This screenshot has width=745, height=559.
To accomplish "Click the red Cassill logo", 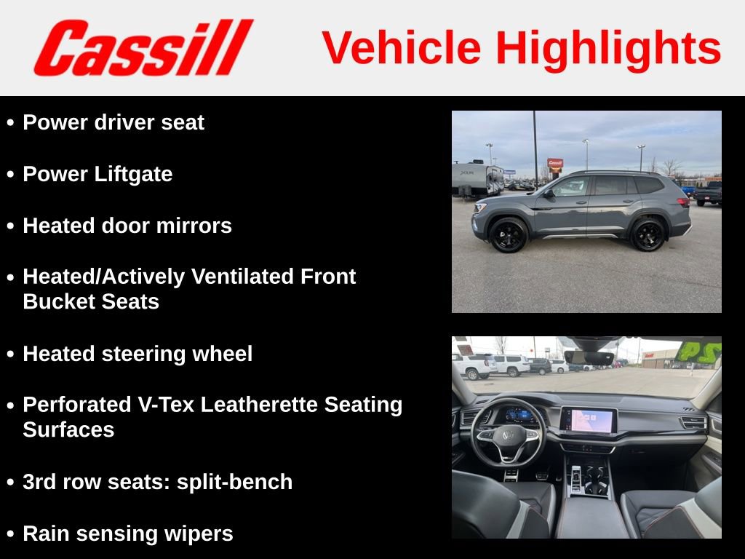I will pos(143,47).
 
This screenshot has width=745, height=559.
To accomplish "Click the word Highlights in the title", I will pos(608,48).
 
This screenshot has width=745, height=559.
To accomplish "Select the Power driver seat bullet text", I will pos(113,122).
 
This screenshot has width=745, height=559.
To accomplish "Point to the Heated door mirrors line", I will pos(127,226).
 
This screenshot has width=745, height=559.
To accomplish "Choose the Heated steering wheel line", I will pos(138,354).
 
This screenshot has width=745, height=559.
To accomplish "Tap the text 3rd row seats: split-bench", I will pos(157,482).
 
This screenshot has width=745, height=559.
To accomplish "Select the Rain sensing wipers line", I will pos(128,534).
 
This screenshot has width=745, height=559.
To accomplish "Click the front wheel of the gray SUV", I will pos(509,235).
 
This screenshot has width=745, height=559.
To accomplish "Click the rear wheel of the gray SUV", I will pos(648,234).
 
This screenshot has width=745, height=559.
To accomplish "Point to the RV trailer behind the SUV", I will pos(477,179).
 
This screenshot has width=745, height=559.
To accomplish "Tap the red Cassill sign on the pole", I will pos(555,164).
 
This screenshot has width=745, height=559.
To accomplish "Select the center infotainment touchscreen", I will pos(589,421).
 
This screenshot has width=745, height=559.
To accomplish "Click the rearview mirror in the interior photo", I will pos(589,357).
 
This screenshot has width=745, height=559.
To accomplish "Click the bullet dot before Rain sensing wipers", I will pos(10,534).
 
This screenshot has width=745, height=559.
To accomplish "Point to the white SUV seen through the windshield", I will pos(476,366).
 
